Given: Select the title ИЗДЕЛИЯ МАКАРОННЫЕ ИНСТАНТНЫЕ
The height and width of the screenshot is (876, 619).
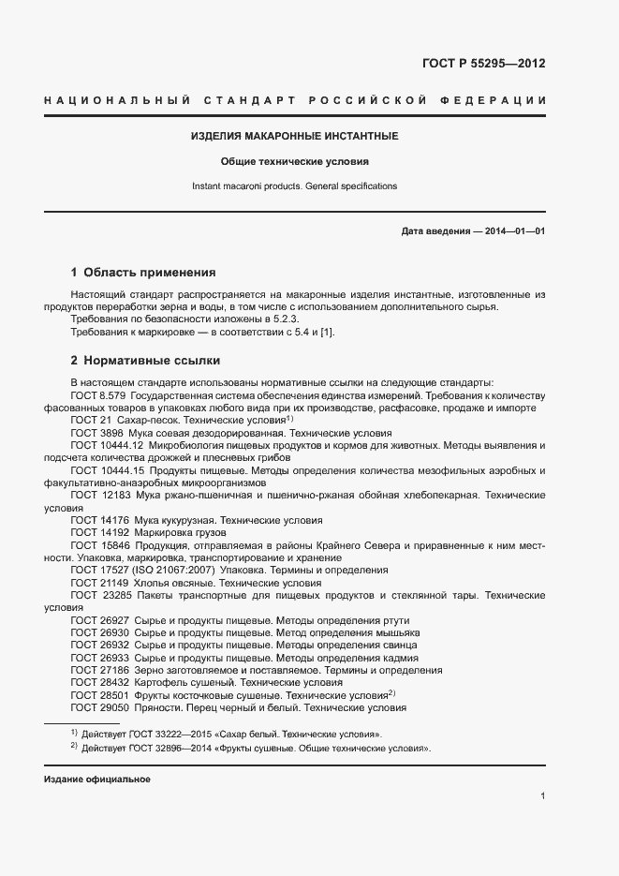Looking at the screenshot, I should click(295, 136).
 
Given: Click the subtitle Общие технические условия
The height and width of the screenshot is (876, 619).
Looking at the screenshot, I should click(295, 161).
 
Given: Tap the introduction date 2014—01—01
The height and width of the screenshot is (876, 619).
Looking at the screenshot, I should click(515, 230).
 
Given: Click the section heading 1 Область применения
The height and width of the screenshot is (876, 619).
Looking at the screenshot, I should click(143, 273).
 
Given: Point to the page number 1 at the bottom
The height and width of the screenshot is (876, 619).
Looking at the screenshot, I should click(543, 796).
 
